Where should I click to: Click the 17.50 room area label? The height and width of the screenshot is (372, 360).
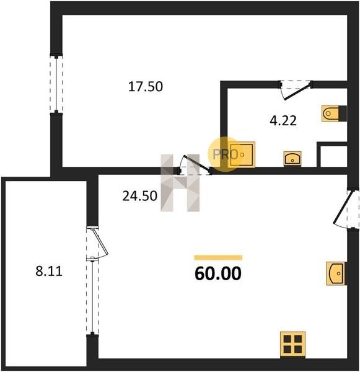coord(146,87)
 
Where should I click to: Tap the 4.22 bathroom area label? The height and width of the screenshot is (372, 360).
coord(283,120)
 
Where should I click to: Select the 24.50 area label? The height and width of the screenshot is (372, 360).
coord(139,196)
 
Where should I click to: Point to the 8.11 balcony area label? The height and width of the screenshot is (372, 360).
coord(49,271)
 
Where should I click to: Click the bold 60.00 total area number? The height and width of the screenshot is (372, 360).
coord(218,273)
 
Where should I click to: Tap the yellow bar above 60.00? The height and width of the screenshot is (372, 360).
coord(218,258)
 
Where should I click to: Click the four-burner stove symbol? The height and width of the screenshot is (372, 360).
coord(292,344)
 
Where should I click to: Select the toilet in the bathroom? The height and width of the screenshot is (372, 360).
coord(334,113)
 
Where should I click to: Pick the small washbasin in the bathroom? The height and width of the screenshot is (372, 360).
coord(292,158)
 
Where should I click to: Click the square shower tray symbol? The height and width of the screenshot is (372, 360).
coord(242,154)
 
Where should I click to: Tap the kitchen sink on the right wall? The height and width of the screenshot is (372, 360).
coord(336,273)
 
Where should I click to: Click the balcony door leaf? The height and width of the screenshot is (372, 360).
coord(100,242)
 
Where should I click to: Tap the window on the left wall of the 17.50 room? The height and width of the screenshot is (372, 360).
coord(56,84)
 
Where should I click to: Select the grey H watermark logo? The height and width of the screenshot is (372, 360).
coord(180,183)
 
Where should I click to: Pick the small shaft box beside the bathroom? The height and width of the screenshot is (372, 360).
coord(332,154)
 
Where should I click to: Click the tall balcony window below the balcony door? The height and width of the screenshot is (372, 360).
coord(92,296)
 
